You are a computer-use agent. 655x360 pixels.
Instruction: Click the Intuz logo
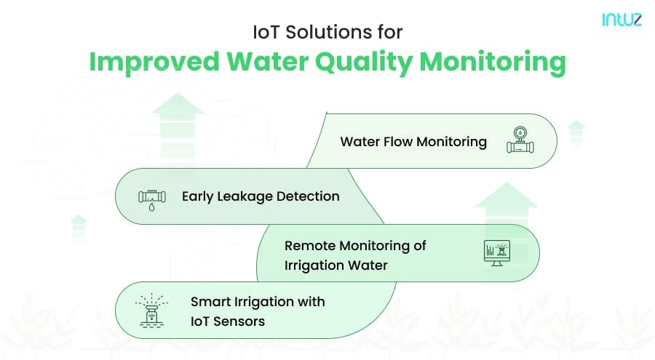[622, 20]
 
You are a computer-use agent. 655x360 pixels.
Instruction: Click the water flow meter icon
[520, 141]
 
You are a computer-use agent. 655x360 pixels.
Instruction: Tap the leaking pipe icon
[151, 197]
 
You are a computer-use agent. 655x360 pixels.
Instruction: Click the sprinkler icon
[151, 309]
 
